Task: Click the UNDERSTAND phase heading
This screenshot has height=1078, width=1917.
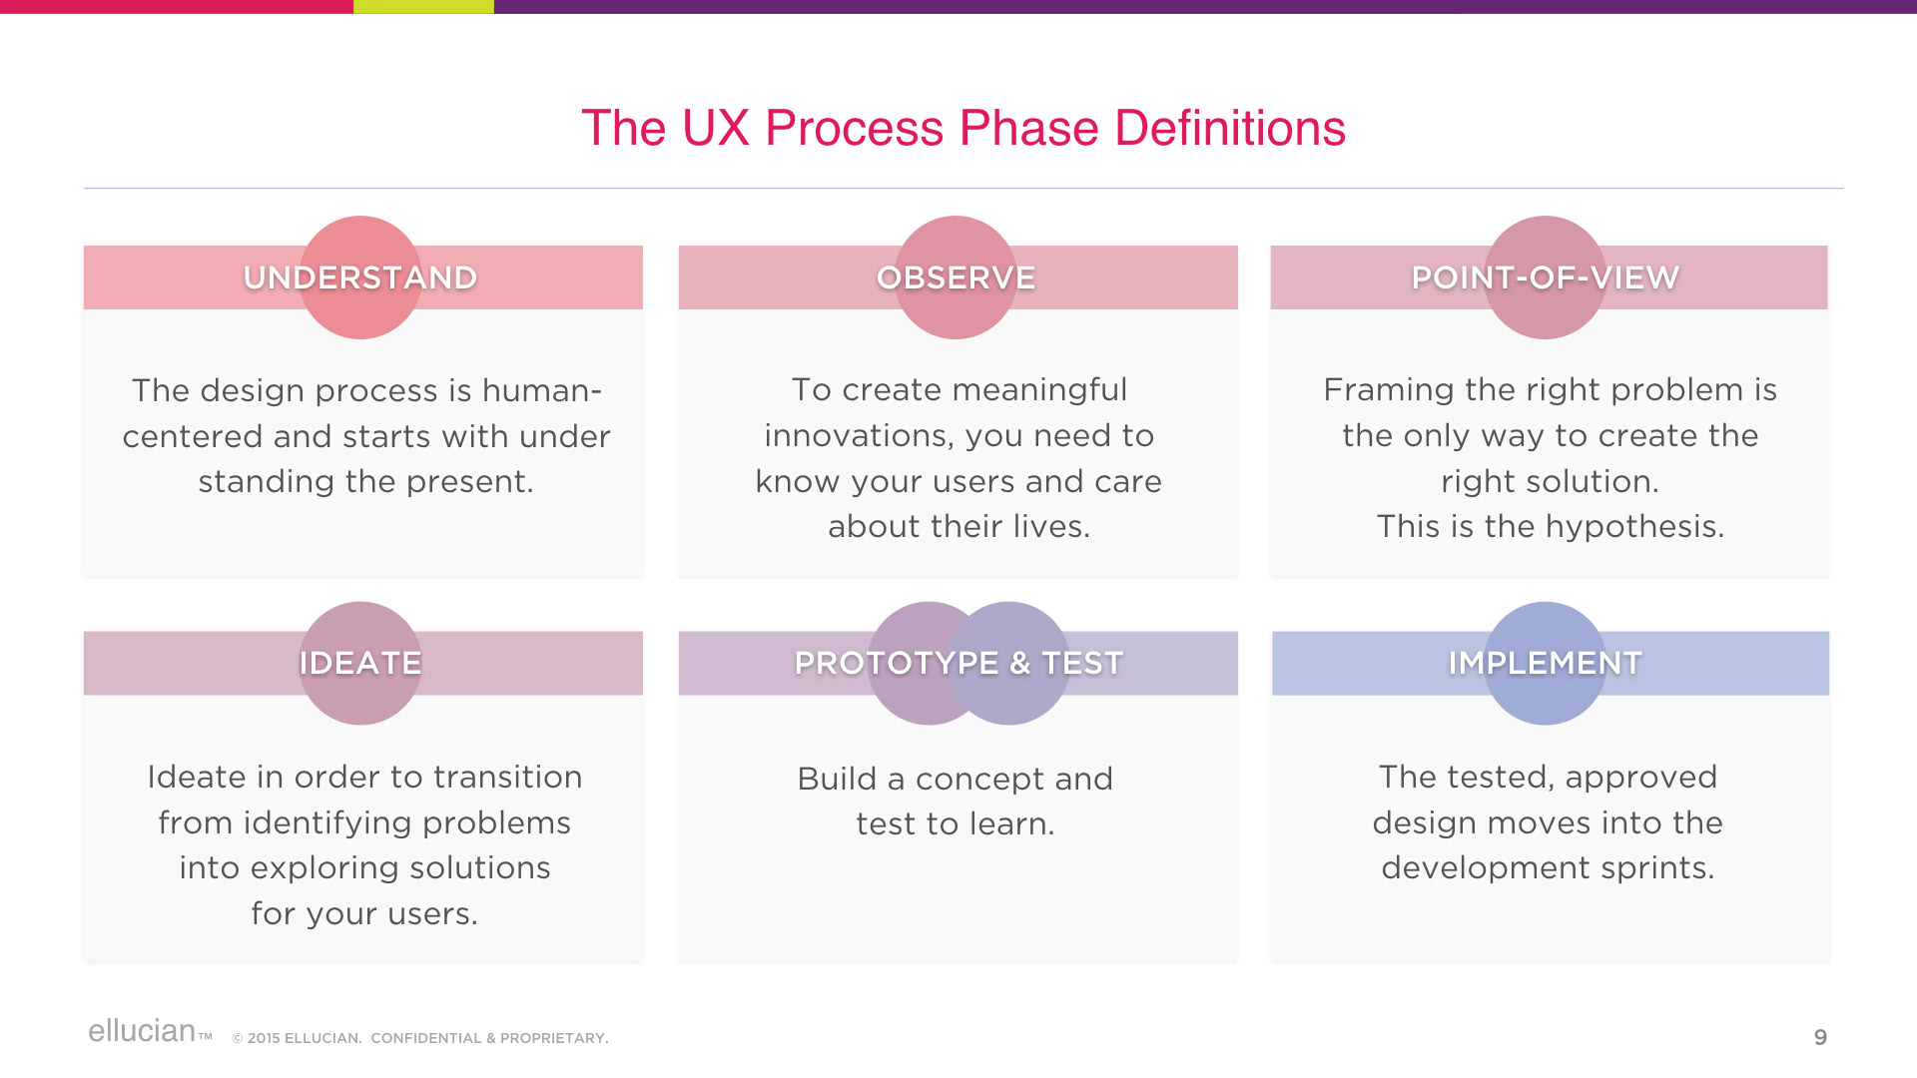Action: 360,277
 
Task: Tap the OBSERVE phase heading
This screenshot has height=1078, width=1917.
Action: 956,277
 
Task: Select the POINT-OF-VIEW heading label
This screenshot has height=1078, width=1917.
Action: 1545,277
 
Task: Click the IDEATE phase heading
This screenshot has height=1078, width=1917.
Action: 360,663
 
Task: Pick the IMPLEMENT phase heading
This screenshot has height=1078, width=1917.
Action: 1545,663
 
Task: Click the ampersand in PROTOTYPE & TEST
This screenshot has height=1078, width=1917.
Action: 1019,664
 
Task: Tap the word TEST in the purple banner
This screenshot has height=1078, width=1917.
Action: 1082,663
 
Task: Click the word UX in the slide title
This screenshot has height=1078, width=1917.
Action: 715,129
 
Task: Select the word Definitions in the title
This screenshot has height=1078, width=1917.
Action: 1229,129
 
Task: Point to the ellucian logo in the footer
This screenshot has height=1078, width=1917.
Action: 142,1031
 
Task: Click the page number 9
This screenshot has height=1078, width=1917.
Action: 1820,1038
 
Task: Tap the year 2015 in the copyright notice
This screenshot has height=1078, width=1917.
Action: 264,1038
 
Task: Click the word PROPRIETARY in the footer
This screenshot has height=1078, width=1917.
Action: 554,1038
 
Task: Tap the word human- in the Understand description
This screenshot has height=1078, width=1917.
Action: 542,390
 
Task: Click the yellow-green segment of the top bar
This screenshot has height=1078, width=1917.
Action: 423,6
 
